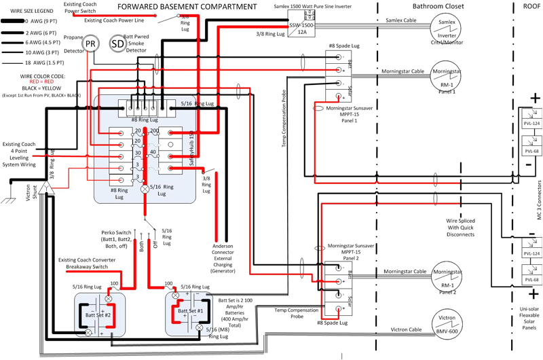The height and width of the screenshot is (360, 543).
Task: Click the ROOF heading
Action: click(528, 6)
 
